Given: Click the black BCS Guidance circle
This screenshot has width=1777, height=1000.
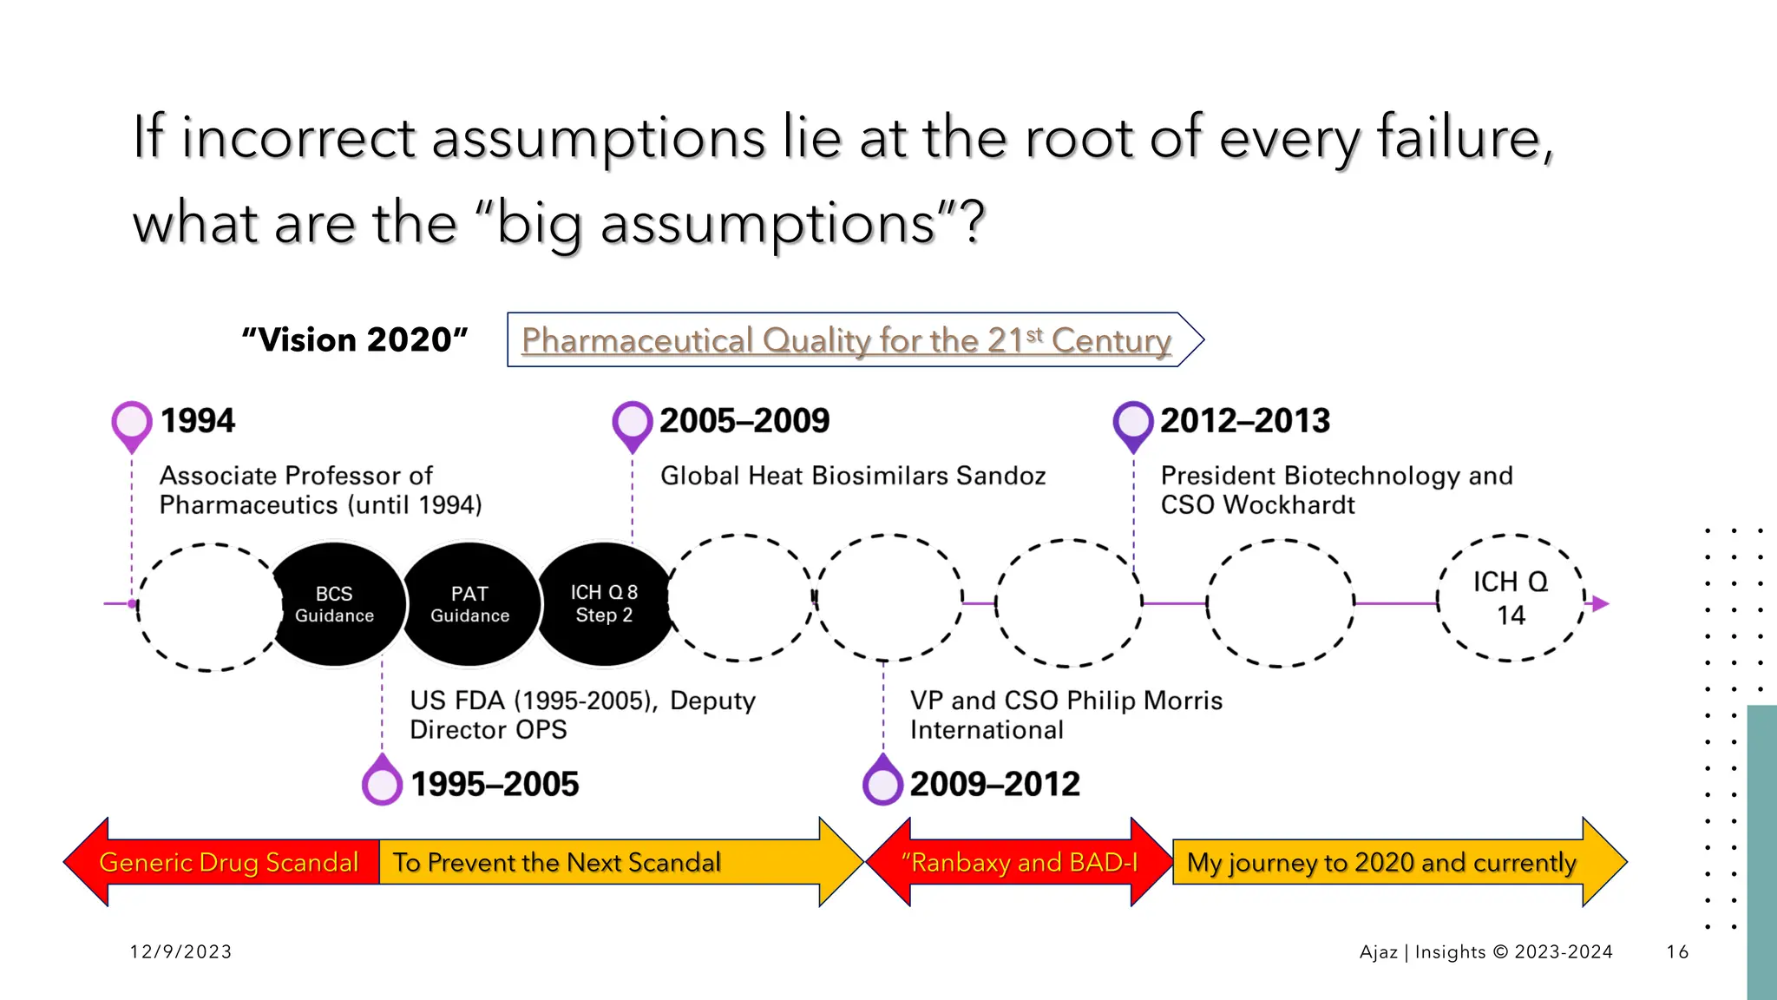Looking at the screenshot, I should tap(335, 604).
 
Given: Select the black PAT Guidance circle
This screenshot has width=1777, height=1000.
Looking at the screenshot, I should tap(470, 604).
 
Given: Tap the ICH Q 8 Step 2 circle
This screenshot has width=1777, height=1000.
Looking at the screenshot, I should tap(605, 604).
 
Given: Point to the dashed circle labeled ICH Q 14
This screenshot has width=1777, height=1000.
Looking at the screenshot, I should tap(1511, 598).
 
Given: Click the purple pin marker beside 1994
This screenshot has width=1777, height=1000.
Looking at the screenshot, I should tap(132, 424).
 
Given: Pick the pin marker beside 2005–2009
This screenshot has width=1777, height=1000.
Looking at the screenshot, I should tap(632, 424).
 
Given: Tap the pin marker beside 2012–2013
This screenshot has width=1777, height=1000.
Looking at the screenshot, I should tap(1133, 424).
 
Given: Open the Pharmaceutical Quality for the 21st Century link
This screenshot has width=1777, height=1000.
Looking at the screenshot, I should tap(846, 340).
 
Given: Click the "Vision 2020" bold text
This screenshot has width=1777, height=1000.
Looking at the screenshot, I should tap(355, 339).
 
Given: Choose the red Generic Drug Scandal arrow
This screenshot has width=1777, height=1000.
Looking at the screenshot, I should tap(228, 862).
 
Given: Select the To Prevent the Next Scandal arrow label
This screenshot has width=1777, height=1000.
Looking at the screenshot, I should tap(557, 862).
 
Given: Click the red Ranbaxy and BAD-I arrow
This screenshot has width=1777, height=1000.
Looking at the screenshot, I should tap(1020, 862).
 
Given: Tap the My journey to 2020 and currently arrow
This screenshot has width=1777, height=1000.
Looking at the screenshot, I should tap(1381, 862).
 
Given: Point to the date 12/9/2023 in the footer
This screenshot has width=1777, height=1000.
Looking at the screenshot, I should tap(180, 951).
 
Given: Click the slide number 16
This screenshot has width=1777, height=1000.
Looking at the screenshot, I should tap(1677, 951).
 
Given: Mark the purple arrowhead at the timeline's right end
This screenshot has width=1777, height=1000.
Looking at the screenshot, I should tap(1601, 603).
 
